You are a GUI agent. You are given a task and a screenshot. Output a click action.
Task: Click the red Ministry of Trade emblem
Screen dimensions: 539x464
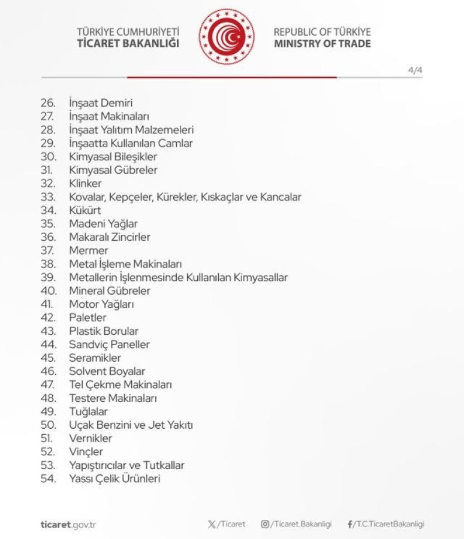click(x=227, y=37)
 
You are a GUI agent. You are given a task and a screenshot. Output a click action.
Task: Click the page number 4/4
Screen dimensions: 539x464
click(x=415, y=69)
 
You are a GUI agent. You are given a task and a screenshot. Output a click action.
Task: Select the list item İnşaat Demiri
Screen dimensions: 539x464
click(x=101, y=103)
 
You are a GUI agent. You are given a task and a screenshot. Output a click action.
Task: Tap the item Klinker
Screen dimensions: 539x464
click(x=85, y=183)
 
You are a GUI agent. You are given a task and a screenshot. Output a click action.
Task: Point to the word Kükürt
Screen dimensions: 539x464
click(x=85, y=210)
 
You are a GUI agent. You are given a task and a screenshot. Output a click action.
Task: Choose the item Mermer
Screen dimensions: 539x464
click(x=89, y=250)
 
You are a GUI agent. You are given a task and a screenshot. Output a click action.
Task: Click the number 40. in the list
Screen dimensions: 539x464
click(x=49, y=290)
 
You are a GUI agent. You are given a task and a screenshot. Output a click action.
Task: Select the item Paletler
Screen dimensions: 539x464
click(x=88, y=317)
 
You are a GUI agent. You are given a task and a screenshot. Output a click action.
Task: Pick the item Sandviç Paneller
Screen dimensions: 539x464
click(x=109, y=344)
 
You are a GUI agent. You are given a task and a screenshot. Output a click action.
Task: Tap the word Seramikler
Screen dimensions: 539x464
click(x=95, y=358)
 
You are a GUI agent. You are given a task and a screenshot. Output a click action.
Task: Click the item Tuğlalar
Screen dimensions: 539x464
click(x=88, y=411)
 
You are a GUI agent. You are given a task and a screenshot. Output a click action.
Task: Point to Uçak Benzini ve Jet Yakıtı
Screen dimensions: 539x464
click(x=131, y=425)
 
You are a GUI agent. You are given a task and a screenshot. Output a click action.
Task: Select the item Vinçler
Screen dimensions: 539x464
click(x=86, y=452)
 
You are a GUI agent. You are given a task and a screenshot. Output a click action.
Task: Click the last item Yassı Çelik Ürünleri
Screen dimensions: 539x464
click(x=115, y=479)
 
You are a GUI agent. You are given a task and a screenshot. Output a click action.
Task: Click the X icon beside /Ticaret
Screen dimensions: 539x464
click(x=212, y=524)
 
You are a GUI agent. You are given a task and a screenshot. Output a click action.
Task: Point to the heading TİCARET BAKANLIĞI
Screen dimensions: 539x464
click(x=128, y=44)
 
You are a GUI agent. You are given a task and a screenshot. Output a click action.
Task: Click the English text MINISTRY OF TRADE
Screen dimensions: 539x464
click(x=322, y=44)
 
